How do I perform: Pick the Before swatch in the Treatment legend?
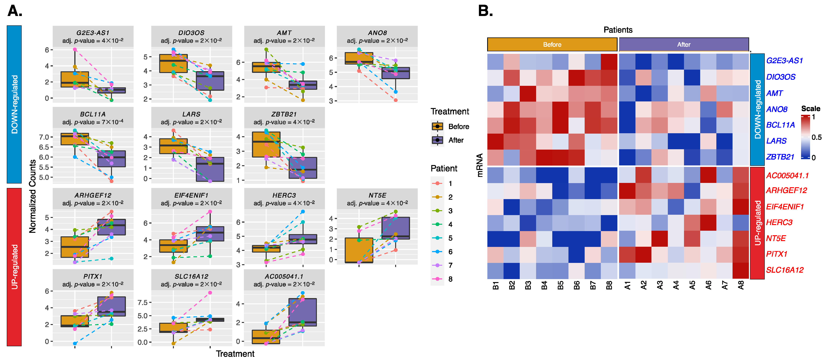tap(437, 126)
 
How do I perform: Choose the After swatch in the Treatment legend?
tap(437, 140)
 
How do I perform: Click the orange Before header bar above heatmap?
tap(552, 44)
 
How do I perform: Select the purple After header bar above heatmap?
tap(684, 44)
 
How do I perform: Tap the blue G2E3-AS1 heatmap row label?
tap(784, 60)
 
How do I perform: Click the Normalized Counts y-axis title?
tap(32, 196)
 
